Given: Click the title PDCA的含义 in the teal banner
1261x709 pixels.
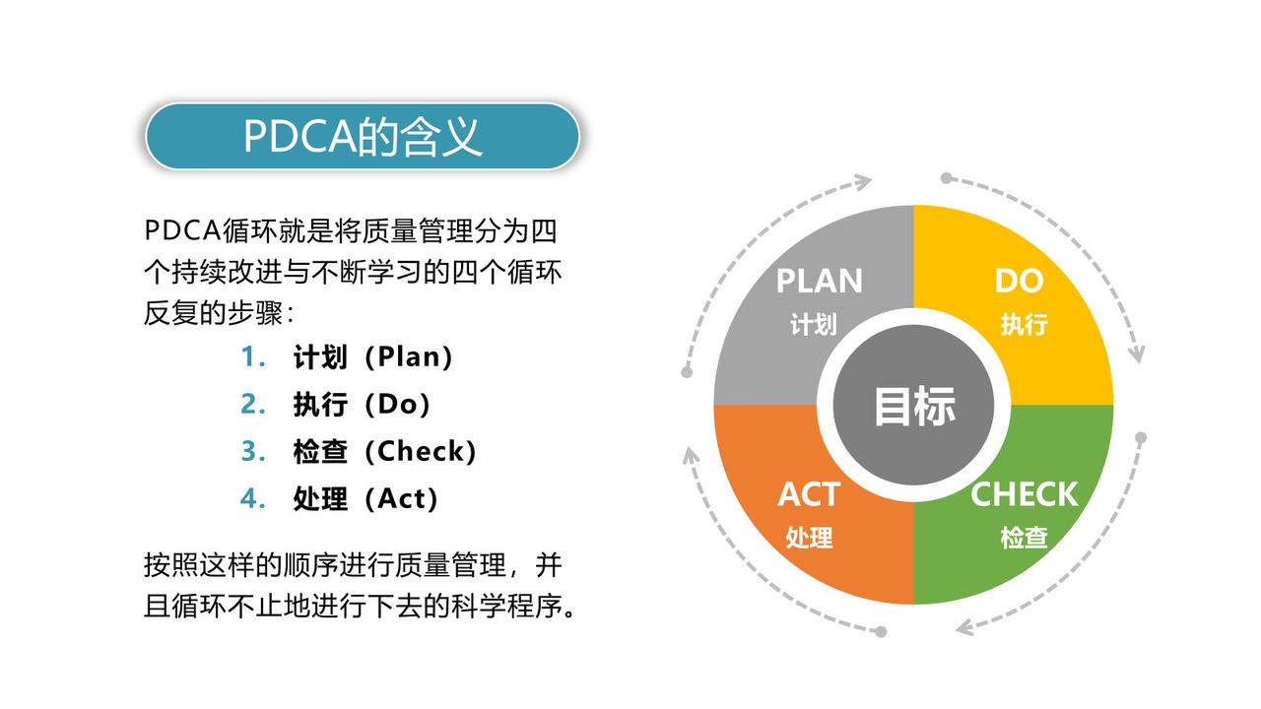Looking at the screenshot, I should pyautogui.click(x=363, y=137).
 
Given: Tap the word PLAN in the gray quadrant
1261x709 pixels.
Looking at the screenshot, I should pyautogui.click(x=819, y=282).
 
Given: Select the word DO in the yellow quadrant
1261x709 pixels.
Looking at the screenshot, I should pyautogui.click(x=1019, y=282).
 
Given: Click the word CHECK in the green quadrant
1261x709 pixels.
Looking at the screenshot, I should pyautogui.click(x=1025, y=494).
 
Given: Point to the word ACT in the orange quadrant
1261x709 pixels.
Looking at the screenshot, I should pyautogui.click(x=810, y=494).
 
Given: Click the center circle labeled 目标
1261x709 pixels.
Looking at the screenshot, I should pyautogui.click(x=914, y=406).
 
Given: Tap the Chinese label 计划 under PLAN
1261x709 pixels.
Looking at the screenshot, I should pyautogui.click(x=813, y=325).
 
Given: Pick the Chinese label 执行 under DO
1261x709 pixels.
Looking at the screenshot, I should pyautogui.click(x=1024, y=325).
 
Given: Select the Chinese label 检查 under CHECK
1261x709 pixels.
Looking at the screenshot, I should pyautogui.click(x=1024, y=539).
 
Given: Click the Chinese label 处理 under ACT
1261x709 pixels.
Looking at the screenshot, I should pyautogui.click(x=809, y=539).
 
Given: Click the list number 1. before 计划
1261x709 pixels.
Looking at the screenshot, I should pyautogui.click(x=253, y=357).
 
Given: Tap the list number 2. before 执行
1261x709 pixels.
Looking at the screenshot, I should pyautogui.click(x=253, y=405).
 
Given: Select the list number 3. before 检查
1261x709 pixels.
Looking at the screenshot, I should pyautogui.click(x=253, y=452).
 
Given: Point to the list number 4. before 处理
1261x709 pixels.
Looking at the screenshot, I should pyautogui.click(x=253, y=499).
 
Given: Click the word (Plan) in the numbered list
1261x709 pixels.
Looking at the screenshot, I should pyautogui.click(x=408, y=357).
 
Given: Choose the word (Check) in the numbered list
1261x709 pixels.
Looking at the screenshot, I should pyautogui.click(x=421, y=452).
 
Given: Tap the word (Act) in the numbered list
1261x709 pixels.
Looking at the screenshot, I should pyautogui.click(x=401, y=499).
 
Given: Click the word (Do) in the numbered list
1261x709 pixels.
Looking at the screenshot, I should pyautogui.click(x=397, y=405).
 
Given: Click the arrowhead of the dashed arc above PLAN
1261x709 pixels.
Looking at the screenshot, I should pyautogui.click(x=864, y=181).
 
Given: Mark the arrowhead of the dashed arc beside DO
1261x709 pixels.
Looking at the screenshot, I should pyautogui.click(x=1137, y=354).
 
